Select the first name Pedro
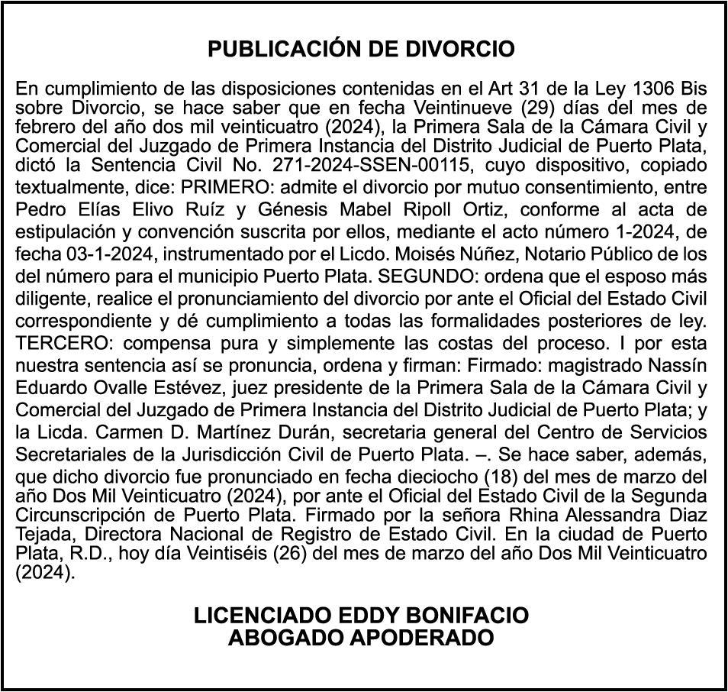(x=39, y=210)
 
